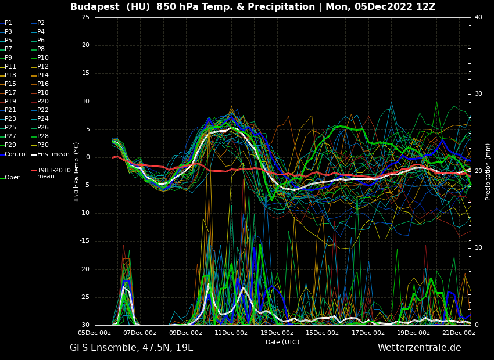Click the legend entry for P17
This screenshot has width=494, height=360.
coord(10,93)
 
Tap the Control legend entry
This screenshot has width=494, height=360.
coord(16,154)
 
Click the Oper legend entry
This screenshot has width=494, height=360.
coord(12,178)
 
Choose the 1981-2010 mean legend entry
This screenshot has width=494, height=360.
coord(53,173)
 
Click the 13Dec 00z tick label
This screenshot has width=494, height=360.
coord(277,333)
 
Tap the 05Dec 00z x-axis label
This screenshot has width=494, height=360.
coord(95,333)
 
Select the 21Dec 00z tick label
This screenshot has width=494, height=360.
coord(459,333)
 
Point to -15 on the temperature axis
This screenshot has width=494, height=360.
coord(85,241)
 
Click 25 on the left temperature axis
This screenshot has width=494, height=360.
coord(86,17)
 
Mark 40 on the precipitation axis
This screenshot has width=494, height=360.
coord(478,17)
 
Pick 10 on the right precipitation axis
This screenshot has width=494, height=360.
coord(478,248)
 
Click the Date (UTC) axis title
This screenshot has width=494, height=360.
coord(282,342)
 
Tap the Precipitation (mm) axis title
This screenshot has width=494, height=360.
coord(488,171)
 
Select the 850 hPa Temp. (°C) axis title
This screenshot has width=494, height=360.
coord(77,171)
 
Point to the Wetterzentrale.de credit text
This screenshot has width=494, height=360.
coord(419,348)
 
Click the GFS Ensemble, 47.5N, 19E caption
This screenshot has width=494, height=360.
coord(131,348)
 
